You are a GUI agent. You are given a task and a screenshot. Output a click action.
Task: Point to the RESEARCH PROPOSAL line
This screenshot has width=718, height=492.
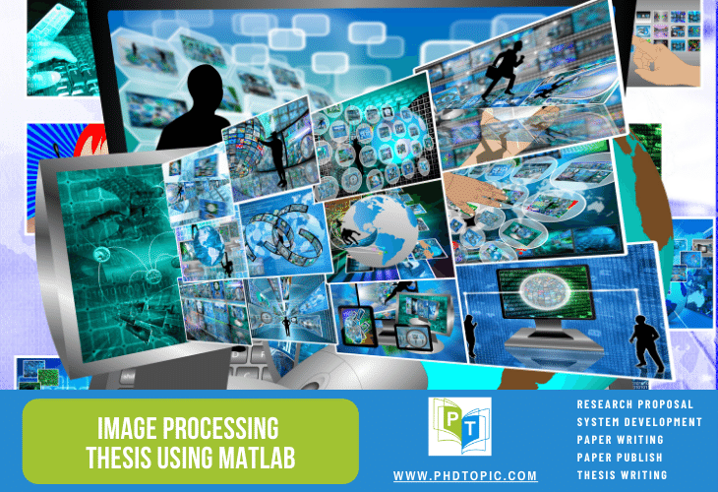pyautogui.click(x=634, y=404)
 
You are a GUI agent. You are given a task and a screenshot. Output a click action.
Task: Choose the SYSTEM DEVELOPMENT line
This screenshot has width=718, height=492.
pyautogui.click(x=639, y=422)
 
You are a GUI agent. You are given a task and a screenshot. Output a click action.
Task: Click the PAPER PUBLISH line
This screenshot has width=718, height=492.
pyautogui.click(x=620, y=458)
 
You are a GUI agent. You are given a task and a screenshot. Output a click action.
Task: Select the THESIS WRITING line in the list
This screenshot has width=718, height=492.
pyautogui.click(x=622, y=475)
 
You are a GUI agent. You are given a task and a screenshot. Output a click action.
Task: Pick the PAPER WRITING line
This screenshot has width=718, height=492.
pyautogui.click(x=620, y=440)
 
